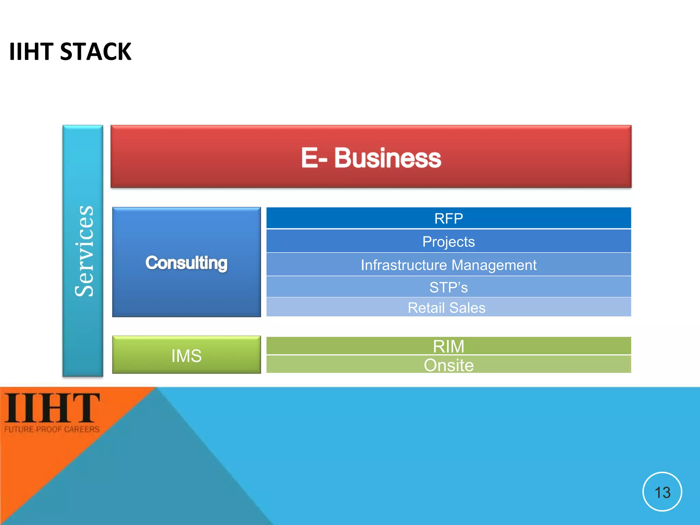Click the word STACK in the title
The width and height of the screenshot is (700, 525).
pos(95,52)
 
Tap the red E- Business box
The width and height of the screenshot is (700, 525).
pos(371,157)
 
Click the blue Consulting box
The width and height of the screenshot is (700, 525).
pos(186,262)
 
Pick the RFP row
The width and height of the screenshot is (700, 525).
pos(448,218)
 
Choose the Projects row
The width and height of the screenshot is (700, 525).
pos(448,241)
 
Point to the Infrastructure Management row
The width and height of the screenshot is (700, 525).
pos(448,265)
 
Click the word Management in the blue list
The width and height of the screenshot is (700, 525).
pos(494,265)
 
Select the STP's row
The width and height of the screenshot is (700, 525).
pos(448,287)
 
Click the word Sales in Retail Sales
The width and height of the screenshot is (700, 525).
pos(467,308)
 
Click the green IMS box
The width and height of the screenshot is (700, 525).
pos(186,355)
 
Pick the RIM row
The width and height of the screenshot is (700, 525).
pos(448,346)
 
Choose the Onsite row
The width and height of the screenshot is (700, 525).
pos(448,365)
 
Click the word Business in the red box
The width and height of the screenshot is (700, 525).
pos(388,158)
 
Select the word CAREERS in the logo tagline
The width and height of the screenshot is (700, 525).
pos(82,429)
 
